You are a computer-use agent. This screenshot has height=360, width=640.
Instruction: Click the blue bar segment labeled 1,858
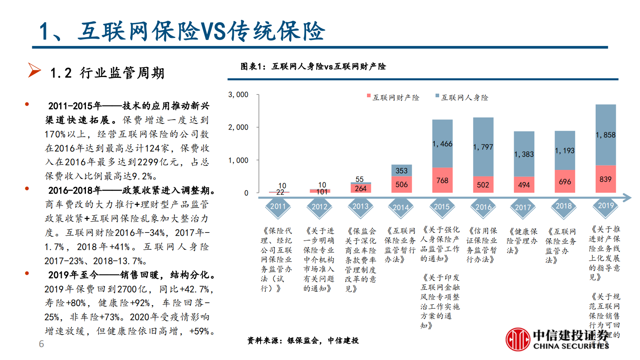[605, 135]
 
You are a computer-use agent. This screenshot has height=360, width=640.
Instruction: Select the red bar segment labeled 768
[442, 180]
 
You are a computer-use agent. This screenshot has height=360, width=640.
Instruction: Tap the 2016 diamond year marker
[483, 207]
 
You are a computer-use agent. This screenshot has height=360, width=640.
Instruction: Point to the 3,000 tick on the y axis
[238, 94]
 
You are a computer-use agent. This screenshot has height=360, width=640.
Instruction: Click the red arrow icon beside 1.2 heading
[34, 70]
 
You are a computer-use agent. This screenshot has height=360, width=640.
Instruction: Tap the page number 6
[41, 344]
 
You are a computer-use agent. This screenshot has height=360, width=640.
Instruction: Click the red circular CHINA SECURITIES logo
[518, 339]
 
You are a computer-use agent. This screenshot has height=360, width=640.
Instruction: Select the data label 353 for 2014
[401, 171]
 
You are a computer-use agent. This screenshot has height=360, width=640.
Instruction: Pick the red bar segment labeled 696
[565, 182]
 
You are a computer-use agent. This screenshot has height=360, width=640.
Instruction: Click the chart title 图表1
[313, 67]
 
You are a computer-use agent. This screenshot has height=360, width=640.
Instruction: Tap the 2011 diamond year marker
[277, 207]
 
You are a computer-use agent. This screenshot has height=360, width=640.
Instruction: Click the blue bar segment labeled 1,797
[483, 147]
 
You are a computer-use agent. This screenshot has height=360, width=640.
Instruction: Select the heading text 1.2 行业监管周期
[107, 73]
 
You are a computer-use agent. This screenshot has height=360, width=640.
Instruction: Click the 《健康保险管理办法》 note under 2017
[522, 241]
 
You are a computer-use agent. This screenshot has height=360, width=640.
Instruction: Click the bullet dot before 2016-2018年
[27, 188]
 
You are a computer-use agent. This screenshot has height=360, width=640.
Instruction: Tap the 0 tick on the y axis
[246, 193]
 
